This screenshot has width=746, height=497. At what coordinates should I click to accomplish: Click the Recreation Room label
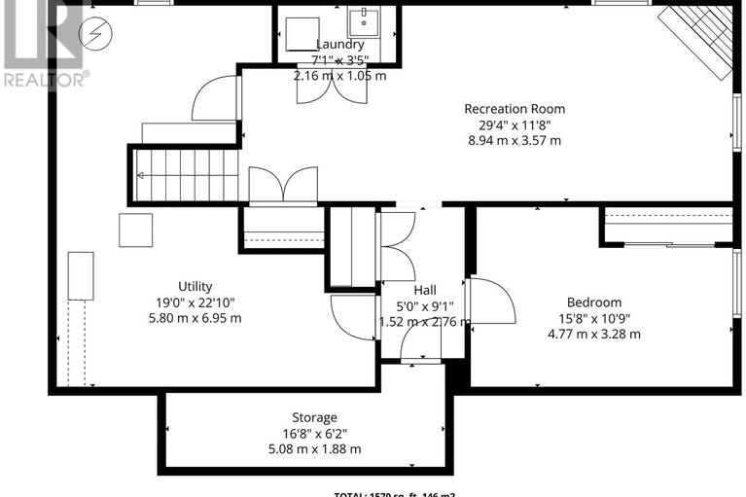point(514,109)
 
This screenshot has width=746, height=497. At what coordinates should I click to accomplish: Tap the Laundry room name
point(339,45)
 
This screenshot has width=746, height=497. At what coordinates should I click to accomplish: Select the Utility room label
point(195,286)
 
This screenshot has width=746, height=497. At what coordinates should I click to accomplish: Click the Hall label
point(424,290)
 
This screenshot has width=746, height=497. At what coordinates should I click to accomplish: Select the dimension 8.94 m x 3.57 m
point(514,140)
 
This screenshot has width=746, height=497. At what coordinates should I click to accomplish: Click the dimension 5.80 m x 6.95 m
point(195,318)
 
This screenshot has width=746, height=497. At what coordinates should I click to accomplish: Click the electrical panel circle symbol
point(96,33)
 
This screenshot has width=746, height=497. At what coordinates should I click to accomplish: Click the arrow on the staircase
point(143,176)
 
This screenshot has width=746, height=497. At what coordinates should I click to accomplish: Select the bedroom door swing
point(492,301)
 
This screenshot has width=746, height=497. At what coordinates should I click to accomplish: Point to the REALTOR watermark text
point(44,78)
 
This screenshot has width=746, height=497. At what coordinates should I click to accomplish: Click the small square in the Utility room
point(135,230)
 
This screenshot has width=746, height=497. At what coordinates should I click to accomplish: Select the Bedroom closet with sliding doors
point(666,226)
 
